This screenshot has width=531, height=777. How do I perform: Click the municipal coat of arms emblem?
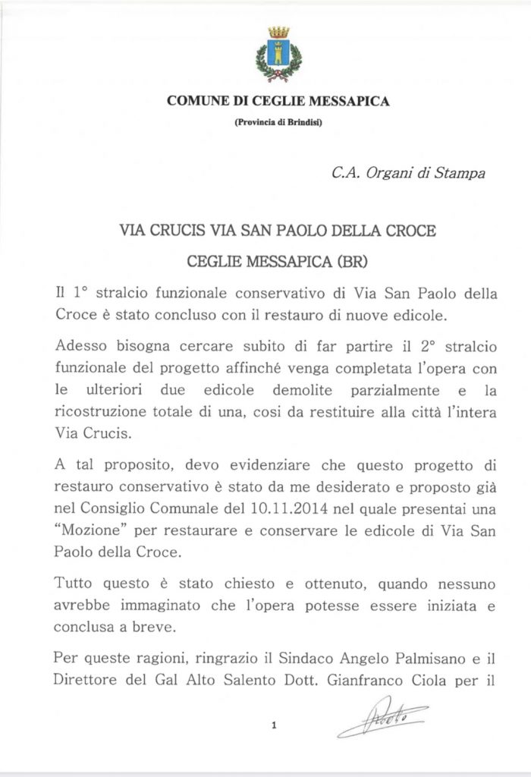pos(278,54)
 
